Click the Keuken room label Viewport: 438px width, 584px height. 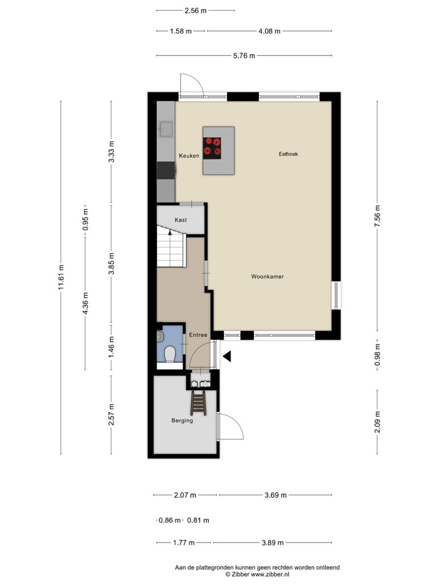189,156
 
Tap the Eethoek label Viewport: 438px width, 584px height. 288,154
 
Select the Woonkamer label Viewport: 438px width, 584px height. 267,277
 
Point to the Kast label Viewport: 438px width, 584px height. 181,220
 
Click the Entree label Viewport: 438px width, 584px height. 198,335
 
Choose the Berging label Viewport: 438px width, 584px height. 182,420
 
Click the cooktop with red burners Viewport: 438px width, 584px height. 212,146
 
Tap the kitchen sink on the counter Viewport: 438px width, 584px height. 165,129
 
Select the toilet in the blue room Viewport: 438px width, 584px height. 169,354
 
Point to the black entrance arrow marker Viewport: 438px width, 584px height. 227,356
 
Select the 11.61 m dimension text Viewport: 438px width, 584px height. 62,277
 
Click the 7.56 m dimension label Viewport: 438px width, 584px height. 378,216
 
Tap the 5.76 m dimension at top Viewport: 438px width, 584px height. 244,56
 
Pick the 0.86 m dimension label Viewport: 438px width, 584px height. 169,520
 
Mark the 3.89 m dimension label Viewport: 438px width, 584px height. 273,543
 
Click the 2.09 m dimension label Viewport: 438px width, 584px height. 378,422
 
